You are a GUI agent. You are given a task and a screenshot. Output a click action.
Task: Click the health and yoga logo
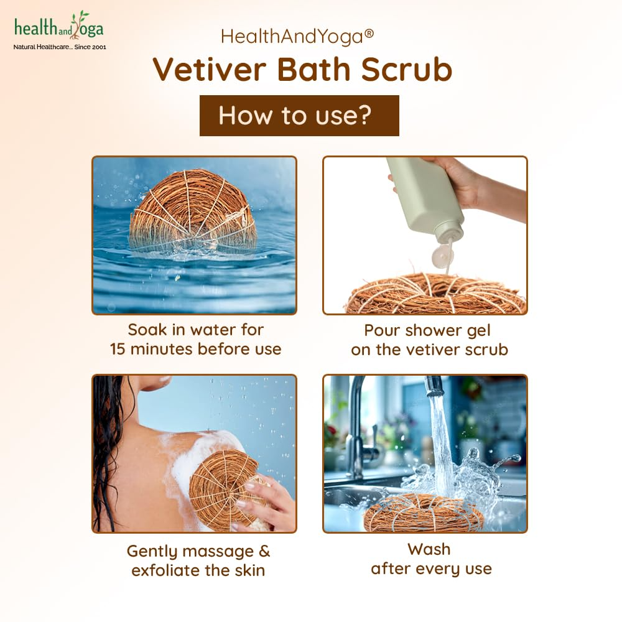pos(60,30)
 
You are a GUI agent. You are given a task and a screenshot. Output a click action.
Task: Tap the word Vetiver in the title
pos(210,70)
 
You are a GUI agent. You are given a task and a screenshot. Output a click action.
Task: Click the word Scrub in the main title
pos(407,70)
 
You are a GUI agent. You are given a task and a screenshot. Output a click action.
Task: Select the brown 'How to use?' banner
pos(299,116)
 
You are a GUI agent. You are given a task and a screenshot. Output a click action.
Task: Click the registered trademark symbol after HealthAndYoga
pos(368,34)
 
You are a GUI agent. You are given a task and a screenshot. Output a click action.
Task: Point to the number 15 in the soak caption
pos(118,349)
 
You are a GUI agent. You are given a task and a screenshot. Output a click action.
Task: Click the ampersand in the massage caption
pos(264,551)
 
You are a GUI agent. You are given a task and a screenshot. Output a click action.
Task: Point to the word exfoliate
pos(164,570)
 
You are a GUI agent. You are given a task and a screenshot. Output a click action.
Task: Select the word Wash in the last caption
pos(429,549)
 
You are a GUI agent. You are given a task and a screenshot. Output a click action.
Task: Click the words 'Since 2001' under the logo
pos(90,47)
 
